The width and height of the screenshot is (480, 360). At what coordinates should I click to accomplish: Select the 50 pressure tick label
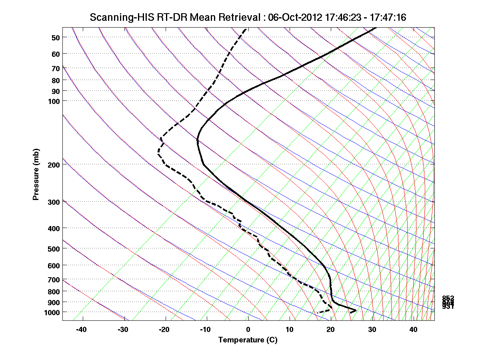point(56,38)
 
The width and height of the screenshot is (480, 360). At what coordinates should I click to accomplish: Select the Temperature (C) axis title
point(248,340)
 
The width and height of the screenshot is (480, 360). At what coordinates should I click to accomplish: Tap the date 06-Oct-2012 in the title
point(290,17)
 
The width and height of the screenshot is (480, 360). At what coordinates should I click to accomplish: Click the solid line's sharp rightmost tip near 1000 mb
point(356,310)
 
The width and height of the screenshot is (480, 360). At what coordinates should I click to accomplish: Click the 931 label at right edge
point(448,307)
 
